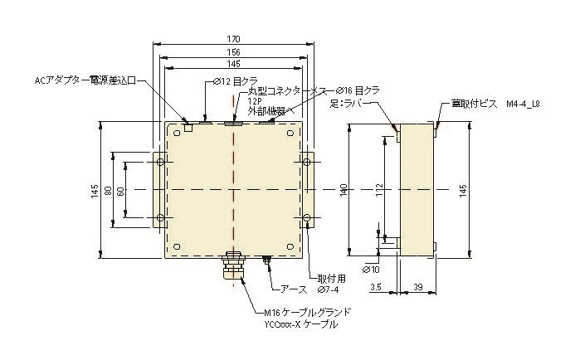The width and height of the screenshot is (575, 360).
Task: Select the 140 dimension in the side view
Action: point(345,190)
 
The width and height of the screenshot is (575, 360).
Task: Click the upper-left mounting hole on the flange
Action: point(160,160)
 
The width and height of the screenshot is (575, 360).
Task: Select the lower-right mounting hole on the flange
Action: point(307,219)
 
